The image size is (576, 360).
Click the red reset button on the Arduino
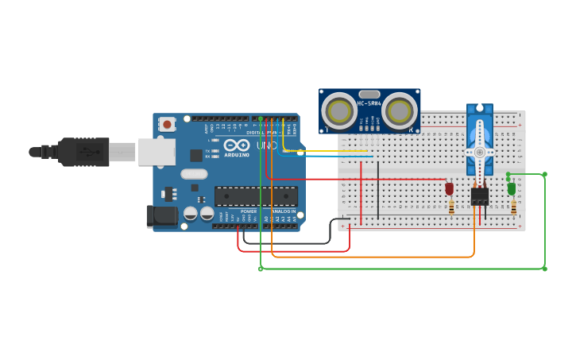tap(167, 124)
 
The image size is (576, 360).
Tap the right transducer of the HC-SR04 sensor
tap(399, 110)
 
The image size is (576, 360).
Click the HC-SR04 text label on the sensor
tap(369, 103)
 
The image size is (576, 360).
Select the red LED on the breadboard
tap(449, 188)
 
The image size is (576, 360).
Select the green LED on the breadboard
tap(512, 188)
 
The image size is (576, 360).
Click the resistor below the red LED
tap(451, 207)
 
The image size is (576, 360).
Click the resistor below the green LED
tap(513, 207)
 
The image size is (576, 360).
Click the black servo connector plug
tap(479, 196)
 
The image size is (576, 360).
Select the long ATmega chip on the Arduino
tap(256, 196)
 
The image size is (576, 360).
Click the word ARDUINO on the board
tap(237, 155)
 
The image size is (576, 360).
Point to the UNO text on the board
tap(266, 146)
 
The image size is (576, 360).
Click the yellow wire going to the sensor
tap(326, 150)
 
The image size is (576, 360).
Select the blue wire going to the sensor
tap(326, 156)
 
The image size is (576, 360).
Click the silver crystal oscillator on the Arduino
tap(194, 174)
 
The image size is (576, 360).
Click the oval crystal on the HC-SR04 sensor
tap(369, 94)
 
